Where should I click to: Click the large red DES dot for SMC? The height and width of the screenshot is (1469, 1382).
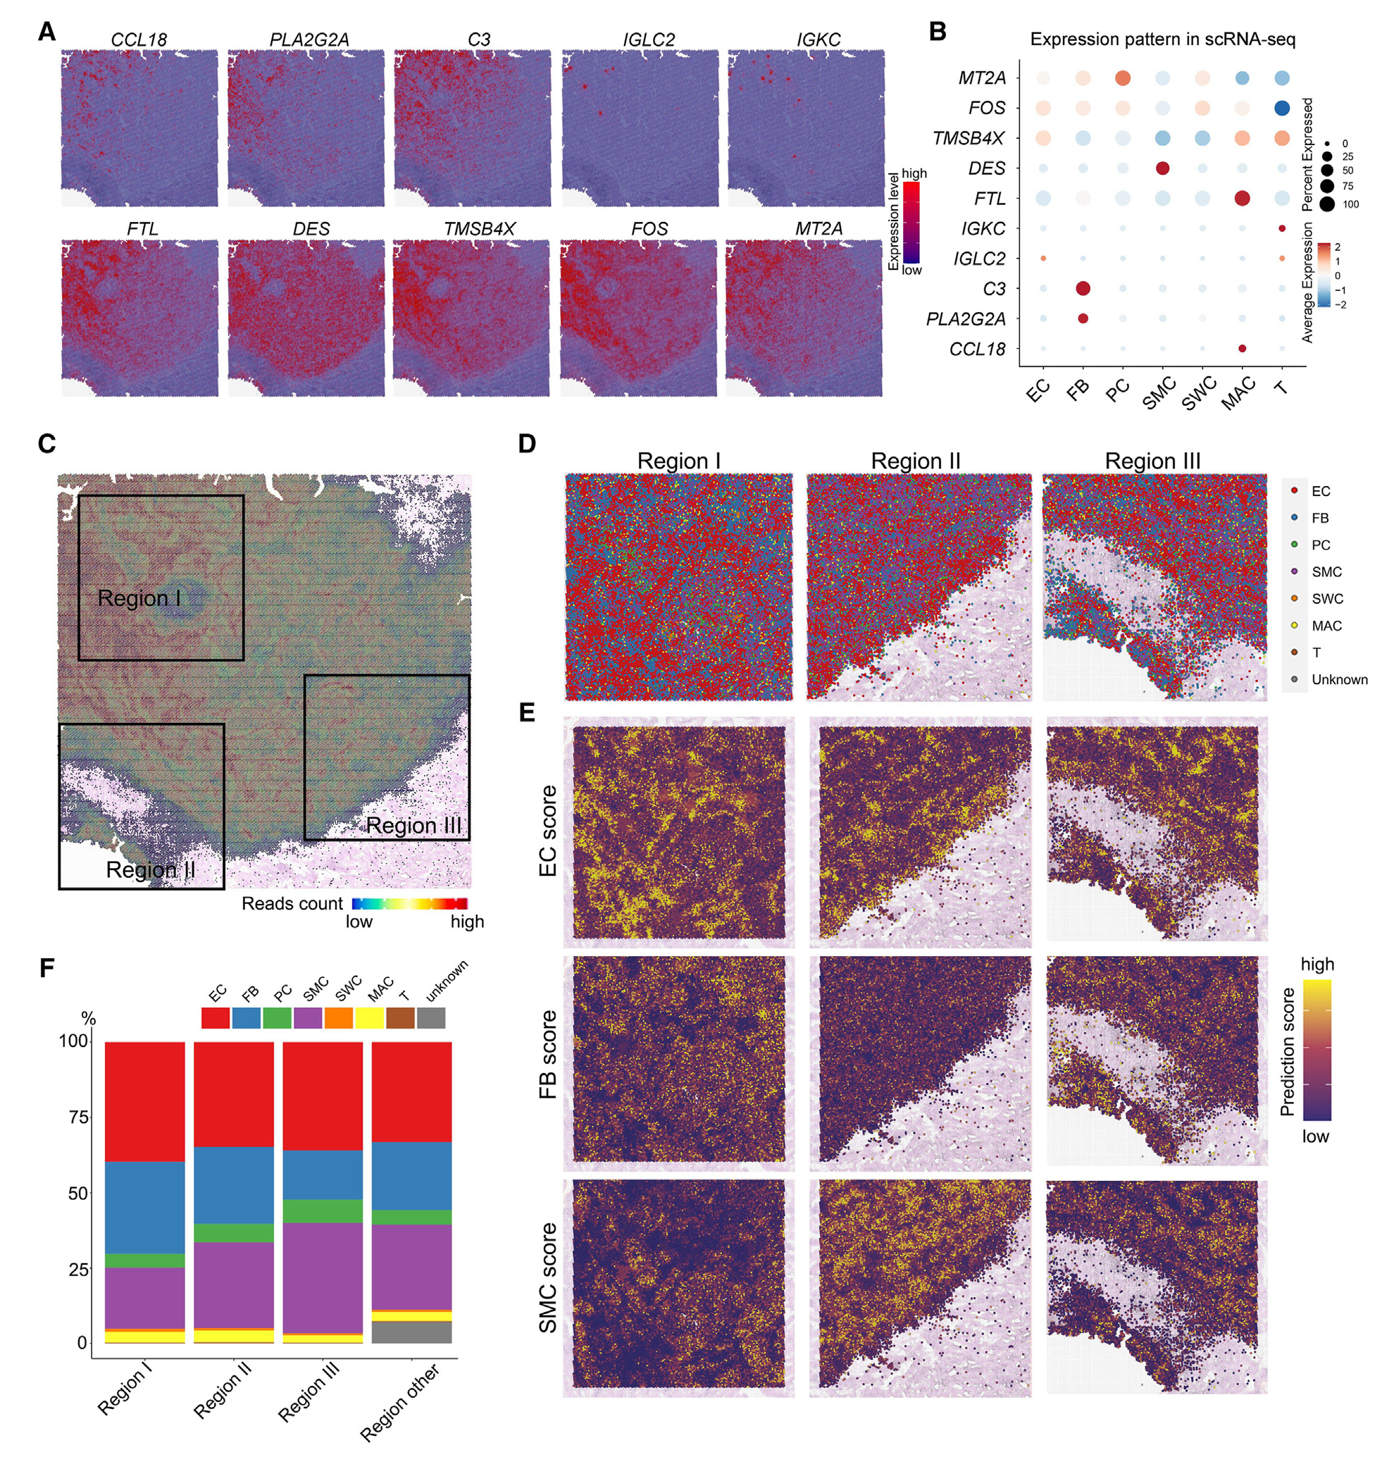(1162, 168)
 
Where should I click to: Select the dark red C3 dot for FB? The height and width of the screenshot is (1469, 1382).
(1083, 288)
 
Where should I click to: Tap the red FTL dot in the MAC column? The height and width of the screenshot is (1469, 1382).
(1242, 198)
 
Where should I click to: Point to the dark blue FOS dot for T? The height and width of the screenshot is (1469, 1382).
(1281, 108)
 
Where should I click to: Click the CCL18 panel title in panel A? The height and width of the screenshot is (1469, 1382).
(139, 40)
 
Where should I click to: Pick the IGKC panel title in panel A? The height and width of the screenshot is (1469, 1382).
(818, 40)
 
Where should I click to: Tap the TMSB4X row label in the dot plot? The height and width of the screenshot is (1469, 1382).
(968, 138)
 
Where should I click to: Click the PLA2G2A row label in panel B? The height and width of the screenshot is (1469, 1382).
(966, 319)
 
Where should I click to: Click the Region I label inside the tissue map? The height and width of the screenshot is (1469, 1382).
(139, 597)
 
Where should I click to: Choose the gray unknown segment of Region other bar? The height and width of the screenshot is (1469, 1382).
(411, 1332)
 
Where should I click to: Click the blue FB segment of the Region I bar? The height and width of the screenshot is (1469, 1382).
(145, 1208)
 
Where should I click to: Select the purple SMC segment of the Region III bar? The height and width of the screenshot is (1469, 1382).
(323, 1277)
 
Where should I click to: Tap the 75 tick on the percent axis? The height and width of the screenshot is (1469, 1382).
(78, 1117)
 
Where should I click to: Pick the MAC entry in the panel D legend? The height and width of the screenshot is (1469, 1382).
(1326, 626)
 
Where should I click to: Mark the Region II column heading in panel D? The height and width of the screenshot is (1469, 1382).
(915, 461)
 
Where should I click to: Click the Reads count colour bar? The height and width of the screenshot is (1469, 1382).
(409, 903)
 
